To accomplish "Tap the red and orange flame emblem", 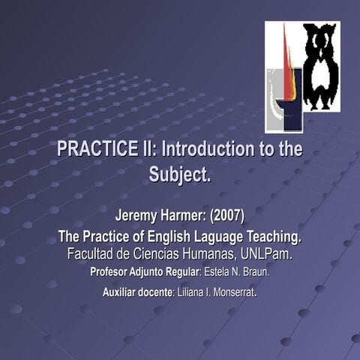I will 286,75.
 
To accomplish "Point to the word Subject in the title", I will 178,175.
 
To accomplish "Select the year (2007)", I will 228,216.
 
